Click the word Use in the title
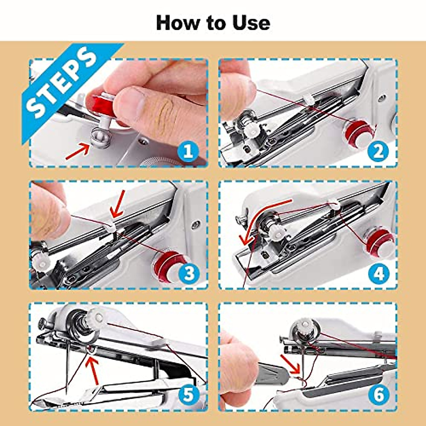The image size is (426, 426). click(251, 23)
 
